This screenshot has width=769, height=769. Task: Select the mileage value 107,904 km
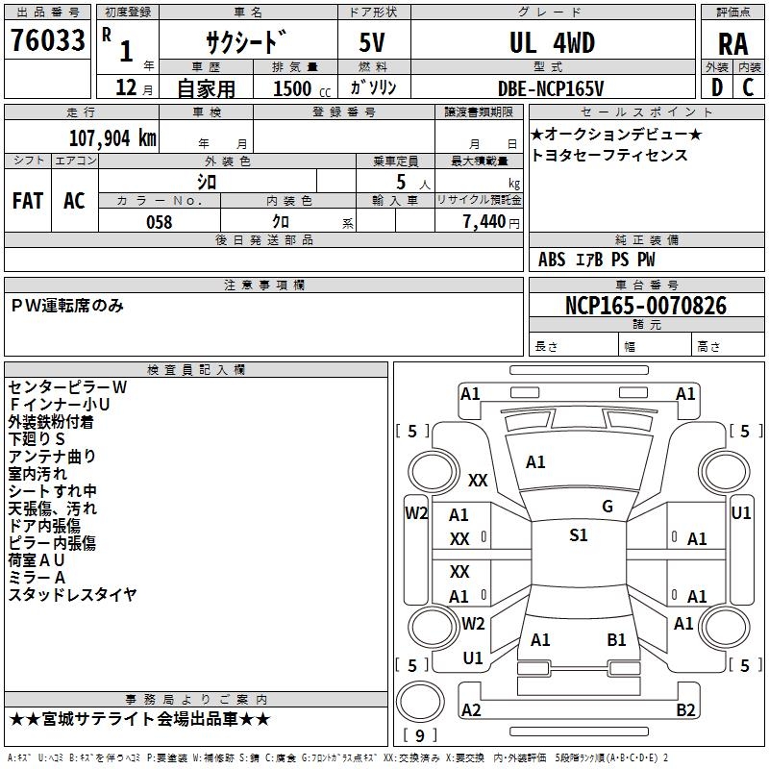[113, 137]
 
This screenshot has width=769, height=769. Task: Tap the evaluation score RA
[732, 43]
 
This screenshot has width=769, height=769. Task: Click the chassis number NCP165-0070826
[646, 306]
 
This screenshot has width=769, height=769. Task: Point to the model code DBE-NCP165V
[552, 88]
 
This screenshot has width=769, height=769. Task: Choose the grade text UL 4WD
[552, 43]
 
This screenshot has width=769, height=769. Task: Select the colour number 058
[159, 222]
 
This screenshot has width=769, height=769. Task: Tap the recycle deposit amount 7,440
[483, 222]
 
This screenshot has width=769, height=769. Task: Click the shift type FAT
[28, 200]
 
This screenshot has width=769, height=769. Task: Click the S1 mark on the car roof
[578, 535]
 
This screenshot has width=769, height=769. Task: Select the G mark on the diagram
[608, 507]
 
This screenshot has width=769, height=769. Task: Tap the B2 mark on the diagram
[685, 710]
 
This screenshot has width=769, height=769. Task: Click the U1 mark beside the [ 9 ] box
[473, 658]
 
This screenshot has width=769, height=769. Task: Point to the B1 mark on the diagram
[616, 639]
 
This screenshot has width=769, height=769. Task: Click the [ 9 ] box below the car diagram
[419, 736]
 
